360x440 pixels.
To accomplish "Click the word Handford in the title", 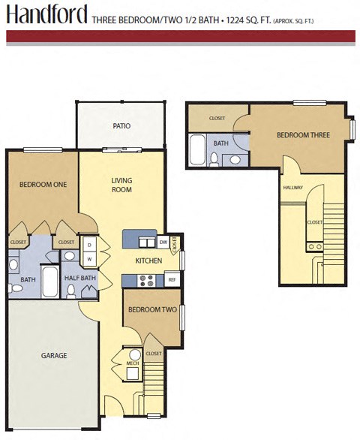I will click(46, 14).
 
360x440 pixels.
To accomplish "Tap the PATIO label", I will click(121, 125).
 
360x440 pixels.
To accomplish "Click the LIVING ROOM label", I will click(121, 185).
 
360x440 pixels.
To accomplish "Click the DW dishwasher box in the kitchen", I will click(163, 242).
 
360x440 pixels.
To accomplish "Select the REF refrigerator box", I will click(172, 280).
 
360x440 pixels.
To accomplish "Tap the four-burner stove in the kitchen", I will click(147, 280).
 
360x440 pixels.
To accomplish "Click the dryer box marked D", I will click(89, 245).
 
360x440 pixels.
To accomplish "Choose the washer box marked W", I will click(89, 260).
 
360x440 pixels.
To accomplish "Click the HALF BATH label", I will click(80, 279).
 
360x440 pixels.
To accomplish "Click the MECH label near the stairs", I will click(133, 363).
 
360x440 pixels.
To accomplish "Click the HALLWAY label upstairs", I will click(293, 188).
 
